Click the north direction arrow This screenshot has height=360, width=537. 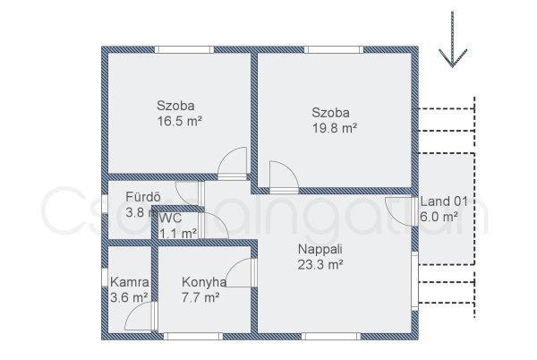452,39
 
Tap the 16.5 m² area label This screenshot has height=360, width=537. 179,121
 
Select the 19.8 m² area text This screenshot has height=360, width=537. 335,128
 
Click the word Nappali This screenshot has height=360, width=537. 320,249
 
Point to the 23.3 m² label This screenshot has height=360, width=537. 320,265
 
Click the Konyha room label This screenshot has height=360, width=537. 204,282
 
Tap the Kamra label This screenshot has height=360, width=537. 130,282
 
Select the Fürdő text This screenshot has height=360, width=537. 143,197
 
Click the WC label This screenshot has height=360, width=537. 172,218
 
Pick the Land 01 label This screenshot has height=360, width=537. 444,201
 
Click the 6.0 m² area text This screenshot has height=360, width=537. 439,217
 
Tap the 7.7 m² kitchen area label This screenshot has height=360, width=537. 200,297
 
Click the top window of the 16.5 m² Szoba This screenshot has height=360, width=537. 183,49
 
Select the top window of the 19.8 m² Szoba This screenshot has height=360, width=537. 334,49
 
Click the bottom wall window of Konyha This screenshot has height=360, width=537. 193,336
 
